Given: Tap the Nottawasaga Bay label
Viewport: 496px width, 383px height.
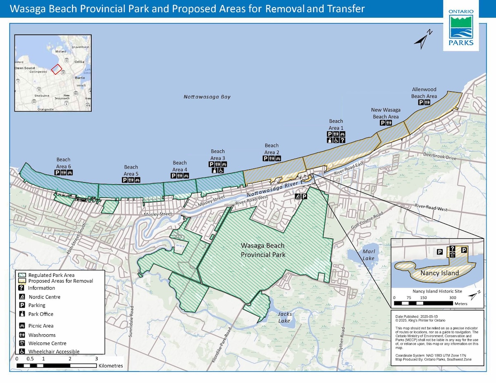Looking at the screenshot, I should (207, 97).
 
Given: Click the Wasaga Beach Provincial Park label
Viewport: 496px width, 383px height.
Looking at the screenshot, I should (263, 250).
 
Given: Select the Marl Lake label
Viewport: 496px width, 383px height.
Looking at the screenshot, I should (368, 255).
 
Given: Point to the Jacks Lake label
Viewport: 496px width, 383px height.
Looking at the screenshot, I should (284, 317).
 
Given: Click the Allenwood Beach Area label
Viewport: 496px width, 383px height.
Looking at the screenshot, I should (424, 93).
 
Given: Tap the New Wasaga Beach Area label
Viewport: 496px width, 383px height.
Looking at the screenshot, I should (385, 113).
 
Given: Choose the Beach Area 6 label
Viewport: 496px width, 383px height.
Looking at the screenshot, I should (63, 162).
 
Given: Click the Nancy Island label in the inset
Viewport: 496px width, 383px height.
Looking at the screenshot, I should (439, 273).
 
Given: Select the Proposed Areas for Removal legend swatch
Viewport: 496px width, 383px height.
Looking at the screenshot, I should (22, 281).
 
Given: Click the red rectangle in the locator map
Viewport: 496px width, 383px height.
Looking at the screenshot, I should (56, 69).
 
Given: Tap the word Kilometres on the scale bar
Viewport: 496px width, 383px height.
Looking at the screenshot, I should (110, 366).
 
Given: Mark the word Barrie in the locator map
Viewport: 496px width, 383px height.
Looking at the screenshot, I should (80, 77).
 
